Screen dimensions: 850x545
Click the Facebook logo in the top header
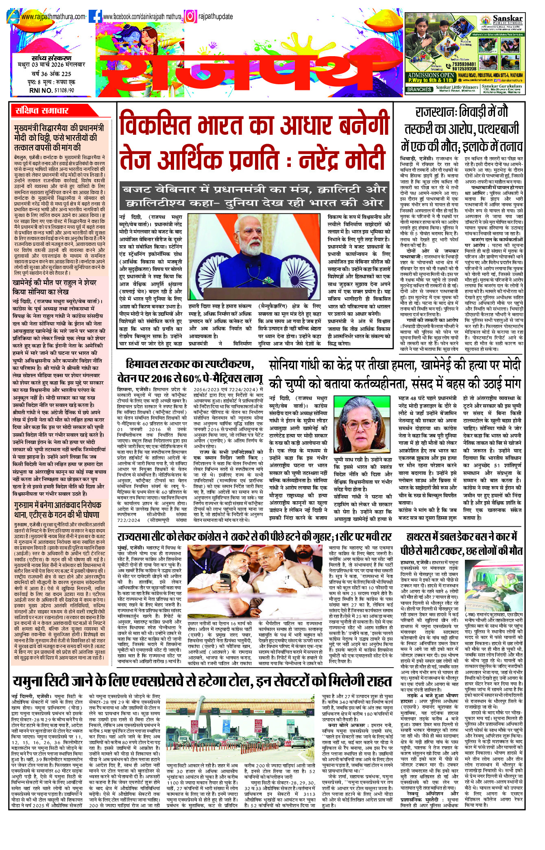pyautogui.click(x=95, y=16)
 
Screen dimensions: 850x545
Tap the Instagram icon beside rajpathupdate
pyautogui.click(x=190, y=16)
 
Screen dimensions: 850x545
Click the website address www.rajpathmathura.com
pyautogui.click(x=53, y=17)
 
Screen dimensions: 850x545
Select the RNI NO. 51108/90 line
pyautogui.click(x=52, y=90)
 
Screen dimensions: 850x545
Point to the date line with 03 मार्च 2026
pyautogui.click(x=52, y=65)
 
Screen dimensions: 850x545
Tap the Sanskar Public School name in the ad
pyautogui.click(x=507, y=20)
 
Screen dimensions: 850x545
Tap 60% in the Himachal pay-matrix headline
pyautogui.click(x=198, y=378)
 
